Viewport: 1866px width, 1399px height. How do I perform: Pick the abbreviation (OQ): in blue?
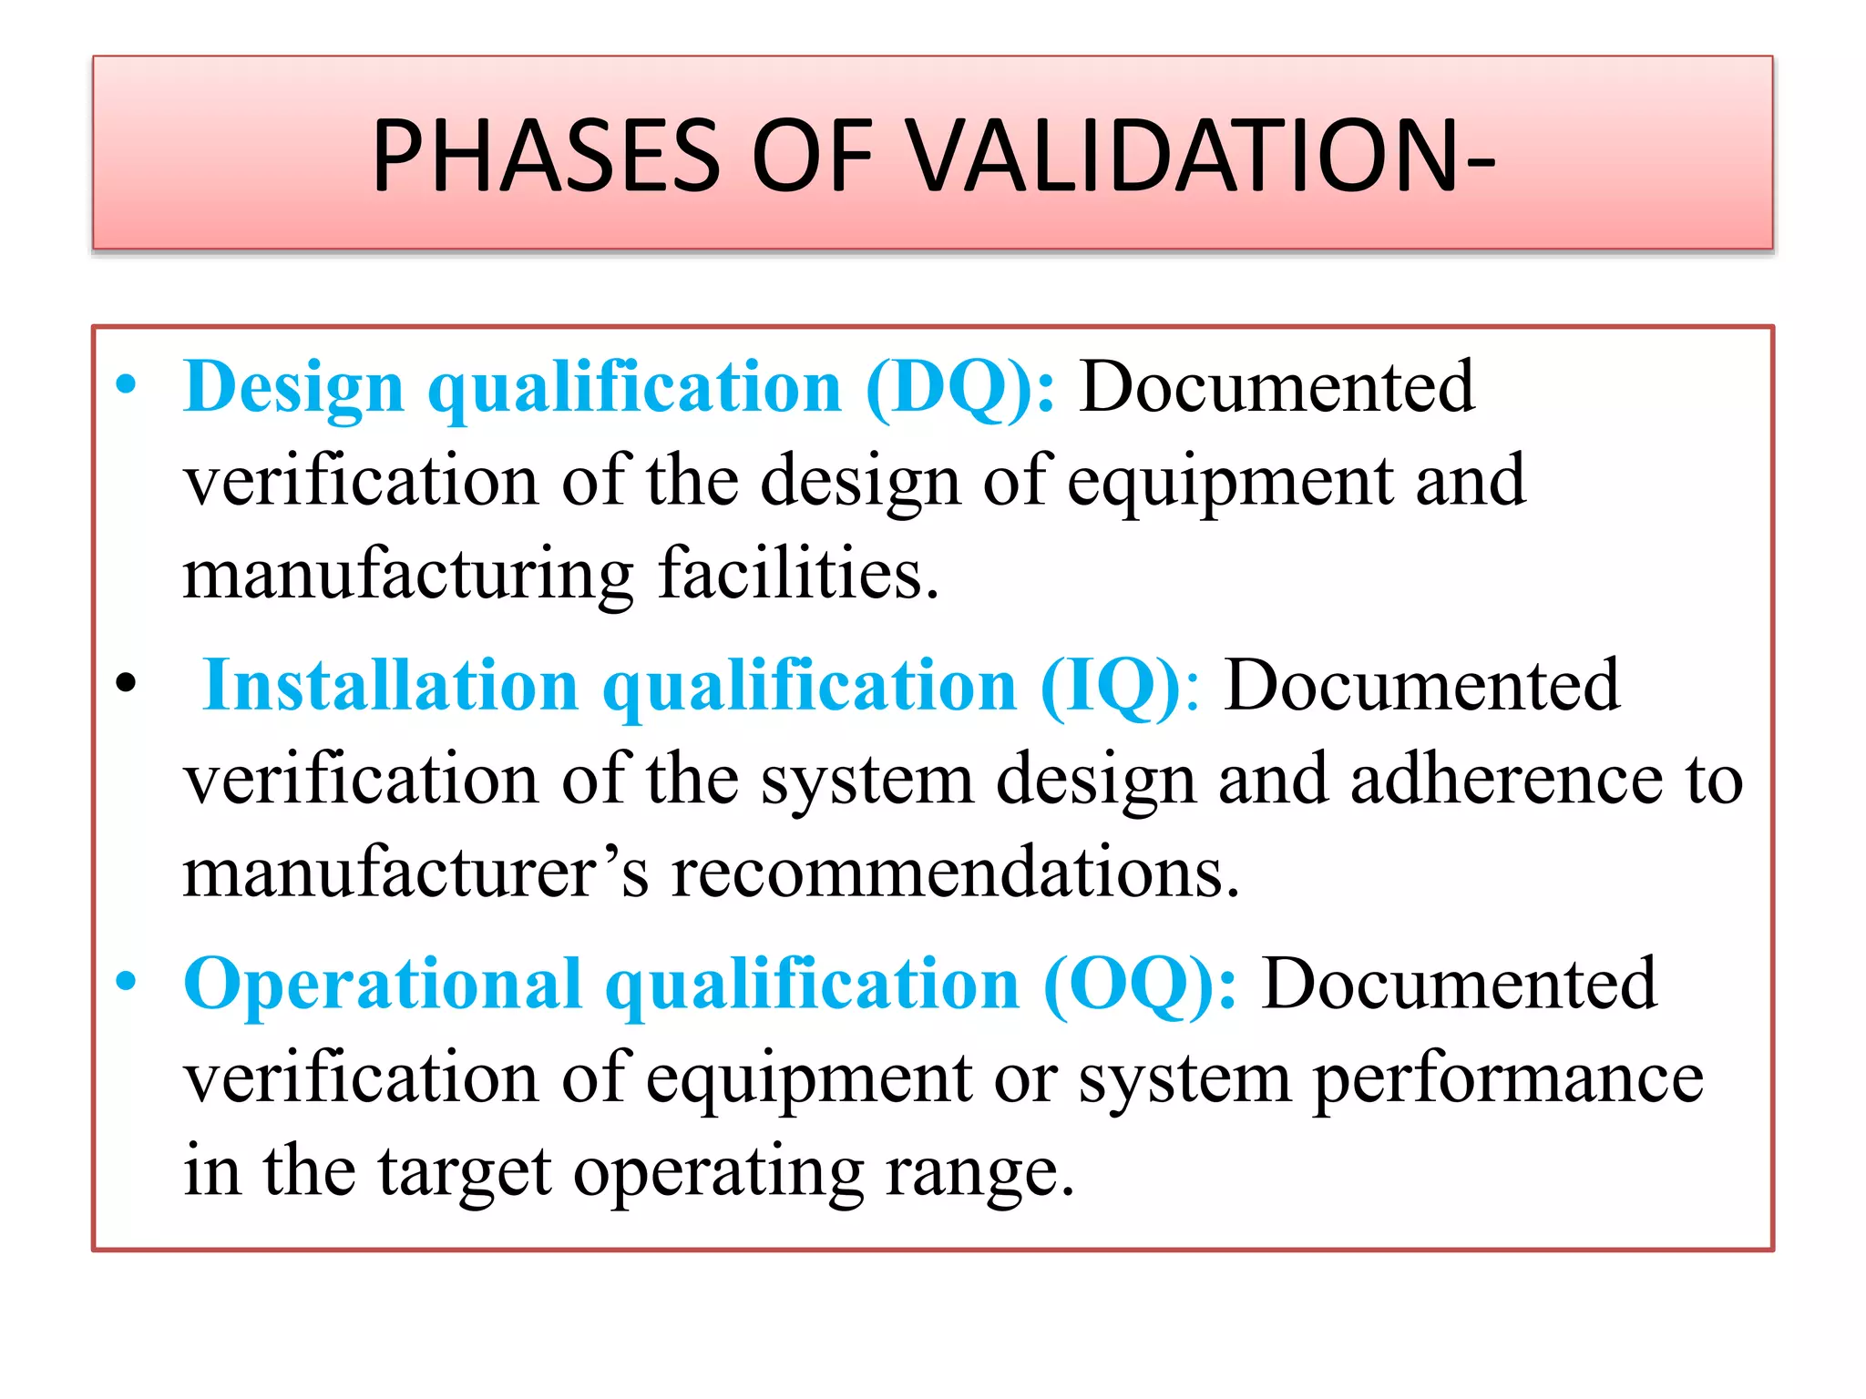tap(1140, 985)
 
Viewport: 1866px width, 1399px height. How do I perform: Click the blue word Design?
tap(293, 388)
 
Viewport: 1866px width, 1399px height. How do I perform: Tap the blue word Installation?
tap(391, 686)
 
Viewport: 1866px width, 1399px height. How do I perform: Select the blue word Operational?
tap(383, 985)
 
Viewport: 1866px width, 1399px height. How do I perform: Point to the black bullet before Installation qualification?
tap(127, 682)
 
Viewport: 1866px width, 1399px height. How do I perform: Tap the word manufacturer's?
tap(415, 873)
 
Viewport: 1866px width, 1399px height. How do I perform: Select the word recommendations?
tap(955, 873)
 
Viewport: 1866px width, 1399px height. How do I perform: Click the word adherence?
tap(1506, 780)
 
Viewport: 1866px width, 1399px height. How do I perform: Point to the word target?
tap(465, 1172)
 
